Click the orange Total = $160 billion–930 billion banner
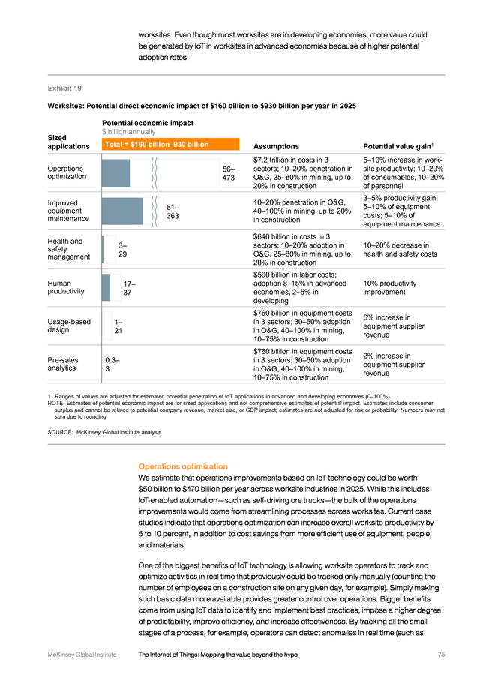[170, 144]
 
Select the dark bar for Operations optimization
[115, 173]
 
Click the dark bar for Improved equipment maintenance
[122, 211]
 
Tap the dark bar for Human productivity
[106, 287]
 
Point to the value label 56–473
[228, 173]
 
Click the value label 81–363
[172, 211]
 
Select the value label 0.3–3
[112, 364]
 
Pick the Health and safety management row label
[69, 249]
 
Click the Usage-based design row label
[69, 325]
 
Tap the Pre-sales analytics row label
[63, 364]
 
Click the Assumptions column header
[276, 146]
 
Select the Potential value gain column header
[398, 146]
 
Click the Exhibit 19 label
[64, 88]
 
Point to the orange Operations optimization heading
[183, 466]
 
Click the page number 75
[441, 655]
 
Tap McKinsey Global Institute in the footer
[82, 655]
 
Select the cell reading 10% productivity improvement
[389, 287]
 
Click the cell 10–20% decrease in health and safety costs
[400, 250]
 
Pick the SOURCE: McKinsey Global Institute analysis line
[104, 432]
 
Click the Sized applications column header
[68, 142]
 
